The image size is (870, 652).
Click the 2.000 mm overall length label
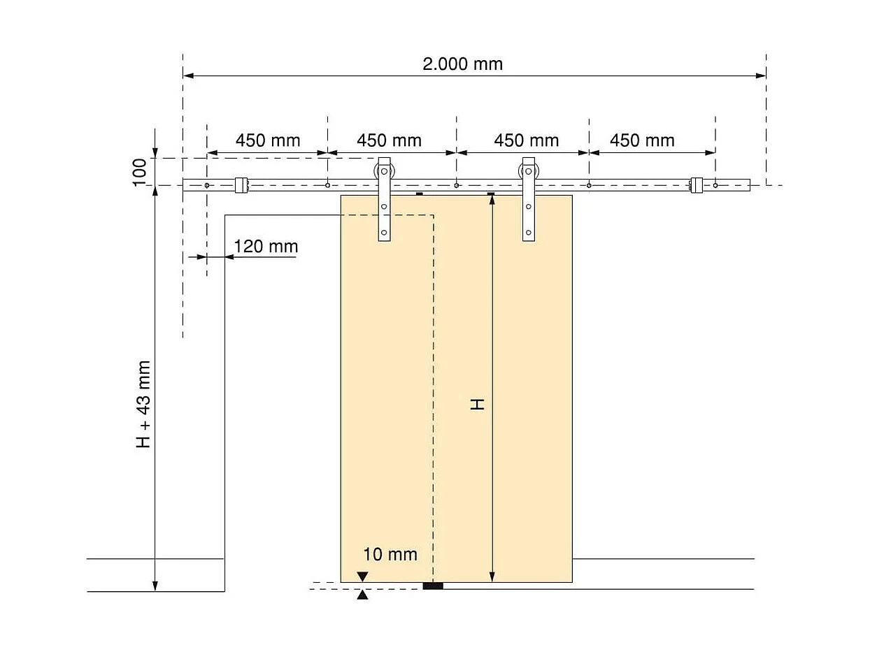(462, 64)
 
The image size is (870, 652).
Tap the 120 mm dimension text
(266, 246)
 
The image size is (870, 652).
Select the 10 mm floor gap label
(390, 554)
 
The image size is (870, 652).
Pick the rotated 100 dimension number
(140, 172)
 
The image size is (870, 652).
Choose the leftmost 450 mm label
(268, 140)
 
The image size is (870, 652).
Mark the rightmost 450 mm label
(642, 140)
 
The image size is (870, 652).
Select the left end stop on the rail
(241, 185)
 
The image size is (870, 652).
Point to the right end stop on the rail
(697, 185)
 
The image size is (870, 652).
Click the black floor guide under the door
(433, 586)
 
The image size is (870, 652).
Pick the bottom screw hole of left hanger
(384, 233)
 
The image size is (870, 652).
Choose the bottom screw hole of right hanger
(529, 233)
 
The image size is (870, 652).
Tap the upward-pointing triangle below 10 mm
(362, 595)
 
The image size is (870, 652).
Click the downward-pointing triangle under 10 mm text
(362, 577)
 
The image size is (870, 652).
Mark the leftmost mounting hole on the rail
(207, 185)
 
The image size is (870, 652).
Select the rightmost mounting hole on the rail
(715, 185)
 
